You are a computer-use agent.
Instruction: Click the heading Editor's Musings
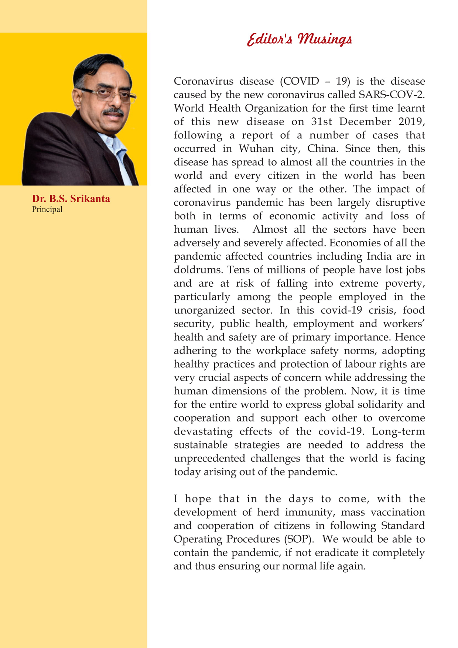(299, 40)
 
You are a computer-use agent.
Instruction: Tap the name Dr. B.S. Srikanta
(71, 199)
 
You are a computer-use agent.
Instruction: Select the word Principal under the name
(47, 209)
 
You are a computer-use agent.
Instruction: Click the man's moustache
(113, 111)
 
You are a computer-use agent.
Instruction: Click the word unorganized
(204, 310)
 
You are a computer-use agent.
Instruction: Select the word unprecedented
(209, 458)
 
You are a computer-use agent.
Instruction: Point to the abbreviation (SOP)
(299, 539)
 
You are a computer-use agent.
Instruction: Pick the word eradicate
(335, 553)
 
